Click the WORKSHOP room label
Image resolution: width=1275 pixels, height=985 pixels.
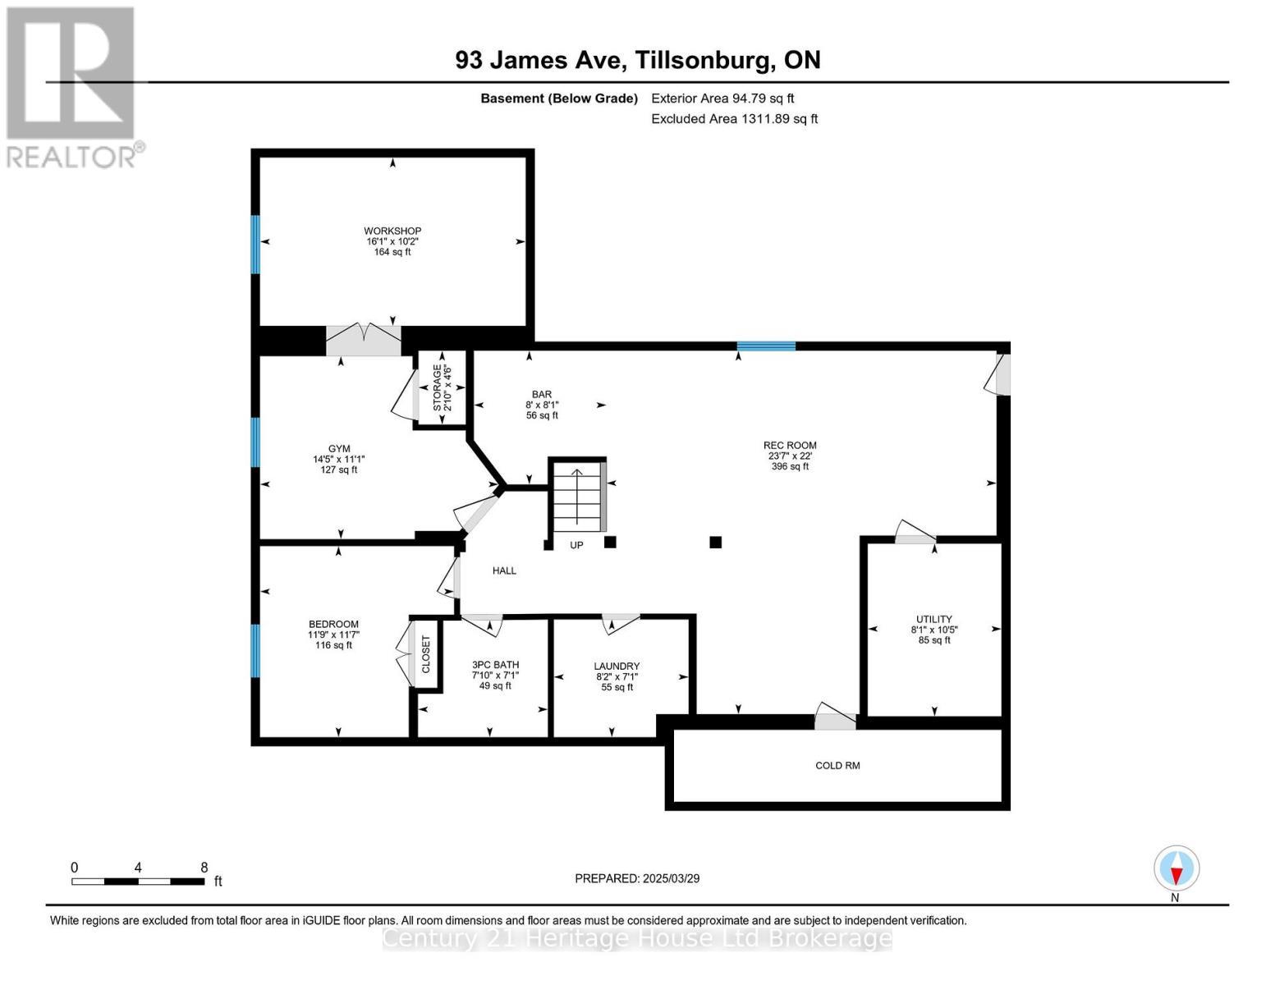point(392,231)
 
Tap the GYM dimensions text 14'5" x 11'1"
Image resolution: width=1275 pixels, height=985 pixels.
point(339,460)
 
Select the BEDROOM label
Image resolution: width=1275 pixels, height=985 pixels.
point(333,624)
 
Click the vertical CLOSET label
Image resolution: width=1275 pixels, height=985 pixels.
point(425,654)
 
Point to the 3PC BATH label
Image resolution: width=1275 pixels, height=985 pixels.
point(495,665)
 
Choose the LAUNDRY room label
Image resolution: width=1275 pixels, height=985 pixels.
point(617,667)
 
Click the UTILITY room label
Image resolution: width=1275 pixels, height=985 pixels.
point(933,619)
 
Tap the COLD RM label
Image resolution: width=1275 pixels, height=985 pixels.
point(837,765)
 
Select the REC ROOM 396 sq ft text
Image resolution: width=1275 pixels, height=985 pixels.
point(790,466)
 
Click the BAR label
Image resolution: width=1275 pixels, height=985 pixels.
point(541,394)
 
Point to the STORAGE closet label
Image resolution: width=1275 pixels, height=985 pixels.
point(437,387)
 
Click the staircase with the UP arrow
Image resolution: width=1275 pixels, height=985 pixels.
point(577,497)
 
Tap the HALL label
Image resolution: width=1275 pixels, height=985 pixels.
point(504,570)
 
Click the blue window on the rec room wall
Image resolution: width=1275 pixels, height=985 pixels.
point(766,346)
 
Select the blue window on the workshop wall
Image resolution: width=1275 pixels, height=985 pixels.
point(255,244)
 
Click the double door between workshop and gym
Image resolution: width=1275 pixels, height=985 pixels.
point(364,340)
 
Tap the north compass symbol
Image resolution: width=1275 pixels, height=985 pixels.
point(1176,868)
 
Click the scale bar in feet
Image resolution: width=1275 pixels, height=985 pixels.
point(138,882)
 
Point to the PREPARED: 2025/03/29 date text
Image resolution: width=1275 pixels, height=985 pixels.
point(636,878)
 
